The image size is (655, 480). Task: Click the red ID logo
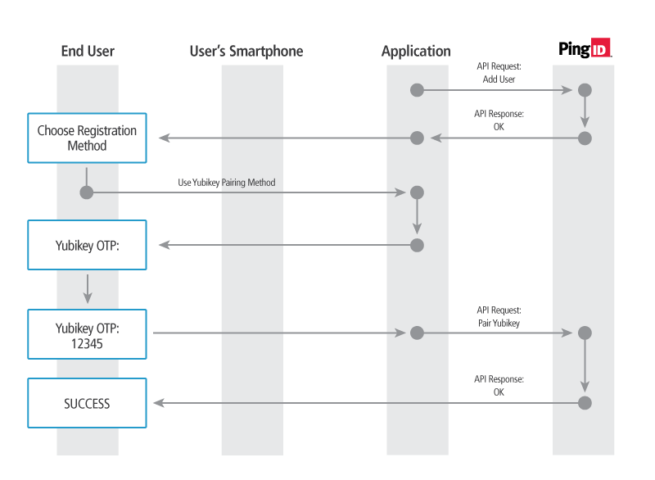(x=600, y=49)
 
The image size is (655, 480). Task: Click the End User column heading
(x=88, y=51)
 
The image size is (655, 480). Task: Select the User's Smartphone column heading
(x=246, y=51)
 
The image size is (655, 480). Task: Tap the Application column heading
(x=416, y=51)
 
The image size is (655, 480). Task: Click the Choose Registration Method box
(x=87, y=138)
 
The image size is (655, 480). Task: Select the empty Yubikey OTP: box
(x=87, y=245)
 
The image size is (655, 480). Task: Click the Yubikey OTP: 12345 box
(x=87, y=333)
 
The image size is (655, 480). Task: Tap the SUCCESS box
(x=87, y=403)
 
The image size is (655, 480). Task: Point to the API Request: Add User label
(x=499, y=73)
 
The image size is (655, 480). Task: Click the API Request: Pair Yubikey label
(x=499, y=317)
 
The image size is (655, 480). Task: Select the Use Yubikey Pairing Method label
(x=227, y=182)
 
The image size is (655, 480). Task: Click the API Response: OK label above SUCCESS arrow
(x=499, y=386)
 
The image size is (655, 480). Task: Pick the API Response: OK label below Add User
(x=499, y=120)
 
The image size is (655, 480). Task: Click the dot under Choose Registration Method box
(x=86, y=192)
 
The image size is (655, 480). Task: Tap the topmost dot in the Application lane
(x=417, y=89)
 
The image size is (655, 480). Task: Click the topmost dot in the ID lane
(x=585, y=89)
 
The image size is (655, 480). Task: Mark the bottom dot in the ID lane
(x=585, y=402)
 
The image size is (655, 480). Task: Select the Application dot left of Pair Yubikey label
(x=417, y=333)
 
